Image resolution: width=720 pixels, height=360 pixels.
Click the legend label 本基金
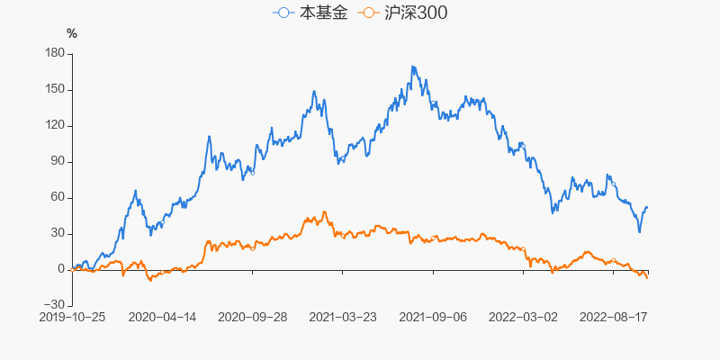pos(321,13)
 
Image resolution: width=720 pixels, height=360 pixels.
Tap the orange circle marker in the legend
pos(367,13)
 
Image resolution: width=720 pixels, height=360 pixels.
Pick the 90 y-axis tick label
pos(58,162)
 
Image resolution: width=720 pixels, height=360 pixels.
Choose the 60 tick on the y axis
pos(58,198)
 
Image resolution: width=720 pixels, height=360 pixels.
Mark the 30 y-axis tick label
pos(58,234)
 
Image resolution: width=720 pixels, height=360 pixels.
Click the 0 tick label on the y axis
pos(61,270)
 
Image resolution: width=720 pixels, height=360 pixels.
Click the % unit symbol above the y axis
pos(72,34)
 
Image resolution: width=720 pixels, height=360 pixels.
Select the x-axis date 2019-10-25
pos(72,317)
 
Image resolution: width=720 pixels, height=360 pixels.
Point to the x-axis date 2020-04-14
pos(163,317)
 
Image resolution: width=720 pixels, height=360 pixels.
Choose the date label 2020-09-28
pos(253,317)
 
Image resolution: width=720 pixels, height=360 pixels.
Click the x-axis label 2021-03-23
pos(343,317)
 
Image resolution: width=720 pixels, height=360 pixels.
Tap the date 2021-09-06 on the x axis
pos(433,317)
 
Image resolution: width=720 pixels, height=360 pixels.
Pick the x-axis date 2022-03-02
pos(523,317)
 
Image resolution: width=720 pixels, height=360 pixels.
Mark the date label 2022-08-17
pos(613,317)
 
